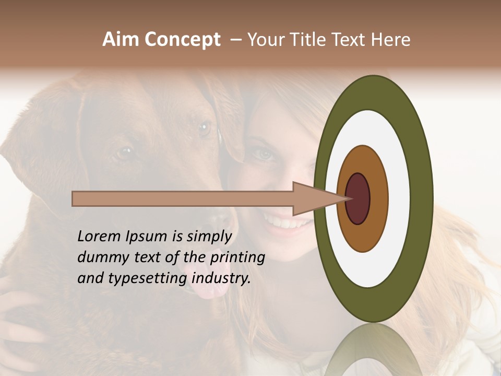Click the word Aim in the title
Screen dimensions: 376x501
pyautogui.click(x=121, y=40)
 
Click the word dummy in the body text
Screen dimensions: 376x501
pyautogui.click(x=99, y=257)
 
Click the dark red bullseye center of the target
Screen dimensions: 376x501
pyautogui.click(x=358, y=198)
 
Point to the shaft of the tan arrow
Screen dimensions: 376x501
pyautogui.click(x=183, y=198)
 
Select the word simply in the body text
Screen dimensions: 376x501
pyautogui.click(x=209, y=237)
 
